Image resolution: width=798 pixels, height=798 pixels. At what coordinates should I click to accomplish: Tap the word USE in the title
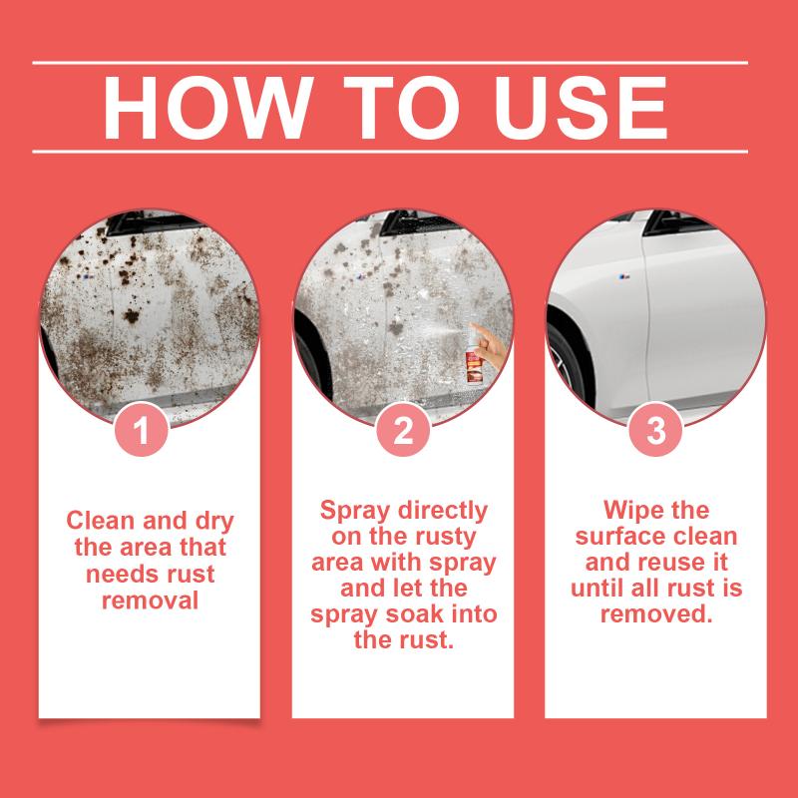click(581, 108)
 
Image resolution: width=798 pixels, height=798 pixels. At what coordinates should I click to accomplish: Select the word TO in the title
click(402, 108)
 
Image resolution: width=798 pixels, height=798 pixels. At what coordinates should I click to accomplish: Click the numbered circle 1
click(141, 430)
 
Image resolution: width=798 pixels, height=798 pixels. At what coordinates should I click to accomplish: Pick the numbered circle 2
click(403, 430)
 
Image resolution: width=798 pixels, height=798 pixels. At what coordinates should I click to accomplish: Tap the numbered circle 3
click(655, 430)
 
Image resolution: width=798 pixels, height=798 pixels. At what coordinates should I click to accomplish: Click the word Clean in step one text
click(102, 521)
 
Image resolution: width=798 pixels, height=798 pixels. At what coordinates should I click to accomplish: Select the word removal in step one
click(151, 600)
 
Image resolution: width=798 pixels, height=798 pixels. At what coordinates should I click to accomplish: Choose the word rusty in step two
click(446, 538)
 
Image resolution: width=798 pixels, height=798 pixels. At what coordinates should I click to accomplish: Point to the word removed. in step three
click(656, 613)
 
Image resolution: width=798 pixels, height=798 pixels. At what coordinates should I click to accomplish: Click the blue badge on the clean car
click(624, 277)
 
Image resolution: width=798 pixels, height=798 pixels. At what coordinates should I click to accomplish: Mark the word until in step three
click(598, 588)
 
